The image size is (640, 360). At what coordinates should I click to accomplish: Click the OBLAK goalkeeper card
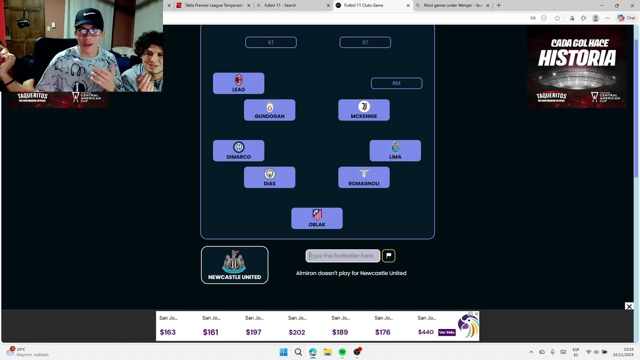tap(317, 218)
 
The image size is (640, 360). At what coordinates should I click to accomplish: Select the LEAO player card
tap(238, 83)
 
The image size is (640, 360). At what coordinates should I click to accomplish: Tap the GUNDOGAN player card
tap(269, 110)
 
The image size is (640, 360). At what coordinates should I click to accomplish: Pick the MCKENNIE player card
tap(364, 110)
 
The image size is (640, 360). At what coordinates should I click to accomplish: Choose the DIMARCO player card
tap(238, 150)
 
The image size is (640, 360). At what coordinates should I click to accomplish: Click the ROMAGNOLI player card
tap(364, 177)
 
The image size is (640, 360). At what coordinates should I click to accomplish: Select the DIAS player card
tap(269, 177)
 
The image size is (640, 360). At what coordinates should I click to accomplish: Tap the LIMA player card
tap(395, 150)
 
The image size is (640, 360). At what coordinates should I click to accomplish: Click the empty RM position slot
tap(396, 83)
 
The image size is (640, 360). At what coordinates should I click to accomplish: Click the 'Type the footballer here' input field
tap(343, 256)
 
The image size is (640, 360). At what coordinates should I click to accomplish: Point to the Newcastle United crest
tap(234, 261)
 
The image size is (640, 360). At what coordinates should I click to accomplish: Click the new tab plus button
tap(498, 5)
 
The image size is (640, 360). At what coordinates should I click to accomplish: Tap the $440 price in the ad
tap(425, 332)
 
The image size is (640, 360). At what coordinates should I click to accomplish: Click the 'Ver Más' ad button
tap(446, 332)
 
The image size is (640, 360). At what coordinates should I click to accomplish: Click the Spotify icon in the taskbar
tap(342, 352)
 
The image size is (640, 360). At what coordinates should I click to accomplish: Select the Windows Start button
tap(283, 352)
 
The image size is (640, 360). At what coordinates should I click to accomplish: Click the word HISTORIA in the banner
tap(576, 58)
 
